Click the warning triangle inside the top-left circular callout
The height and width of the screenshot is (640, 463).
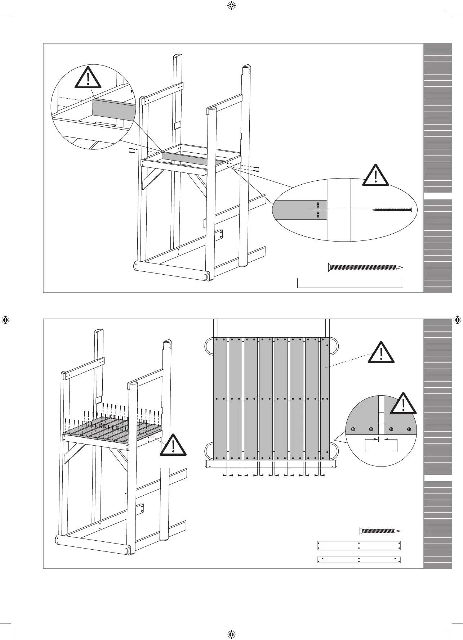(x=88, y=78)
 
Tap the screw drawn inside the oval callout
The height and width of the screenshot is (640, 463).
(x=393, y=209)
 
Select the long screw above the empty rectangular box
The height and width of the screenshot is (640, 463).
(x=365, y=267)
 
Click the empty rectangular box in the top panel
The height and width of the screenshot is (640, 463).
(x=350, y=283)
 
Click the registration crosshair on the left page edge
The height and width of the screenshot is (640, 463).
(x=6, y=320)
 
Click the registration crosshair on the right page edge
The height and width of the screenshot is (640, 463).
(x=457, y=320)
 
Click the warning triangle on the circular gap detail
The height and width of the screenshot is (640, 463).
(x=403, y=405)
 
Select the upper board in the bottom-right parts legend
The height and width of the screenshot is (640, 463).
(x=359, y=545)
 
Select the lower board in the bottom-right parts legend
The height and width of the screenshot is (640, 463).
(x=359, y=560)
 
